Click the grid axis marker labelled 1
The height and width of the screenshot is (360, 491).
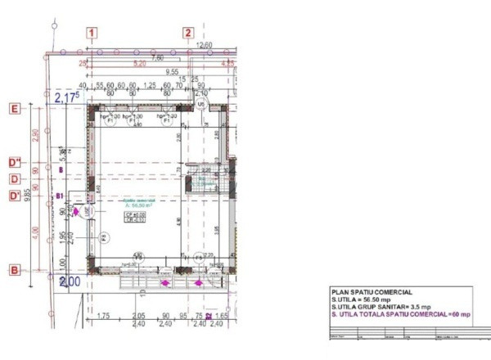pyautogui.click(x=93, y=33)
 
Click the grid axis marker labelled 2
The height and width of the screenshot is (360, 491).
pyautogui.click(x=187, y=33)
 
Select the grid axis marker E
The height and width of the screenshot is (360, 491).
pyautogui.click(x=14, y=108)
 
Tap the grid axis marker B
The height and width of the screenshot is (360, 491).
pyautogui.click(x=14, y=269)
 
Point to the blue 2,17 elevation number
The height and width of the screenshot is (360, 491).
pyautogui.click(x=67, y=98)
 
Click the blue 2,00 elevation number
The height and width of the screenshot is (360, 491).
pyautogui.click(x=70, y=281)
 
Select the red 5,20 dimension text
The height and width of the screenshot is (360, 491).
pyautogui.click(x=139, y=63)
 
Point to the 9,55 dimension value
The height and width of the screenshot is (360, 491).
pyautogui.click(x=172, y=72)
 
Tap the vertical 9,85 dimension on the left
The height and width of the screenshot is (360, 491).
pyautogui.click(x=27, y=193)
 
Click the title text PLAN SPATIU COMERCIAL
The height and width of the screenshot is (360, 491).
pyautogui.click(x=371, y=291)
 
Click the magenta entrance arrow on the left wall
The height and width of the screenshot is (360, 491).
pyautogui.click(x=77, y=211)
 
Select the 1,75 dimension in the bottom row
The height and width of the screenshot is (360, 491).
pyautogui.click(x=103, y=316)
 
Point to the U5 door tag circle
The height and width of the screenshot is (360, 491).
pyautogui.click(x=200, y=105)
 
